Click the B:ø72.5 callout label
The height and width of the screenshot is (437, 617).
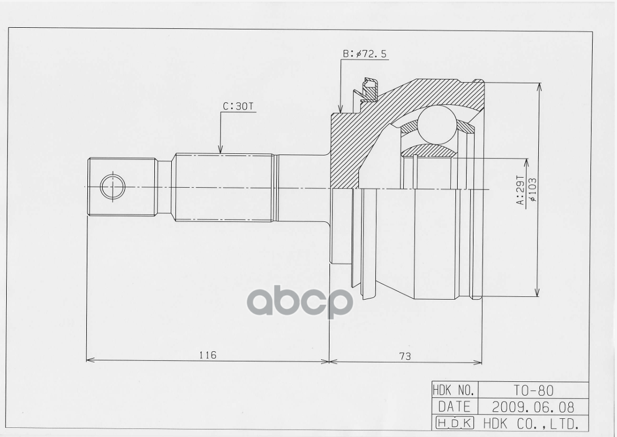pos(365,54)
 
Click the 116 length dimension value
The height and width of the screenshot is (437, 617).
pos(208,355)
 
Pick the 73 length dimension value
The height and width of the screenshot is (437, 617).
pos(405,356)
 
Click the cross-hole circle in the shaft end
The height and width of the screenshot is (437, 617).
pos(112,187)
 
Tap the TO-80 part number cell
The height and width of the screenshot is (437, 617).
pos(533,390)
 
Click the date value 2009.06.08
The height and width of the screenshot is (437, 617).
pos(533,407)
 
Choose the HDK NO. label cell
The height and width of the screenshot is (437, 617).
pos(454,390)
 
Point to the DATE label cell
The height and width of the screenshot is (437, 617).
pos(454,407)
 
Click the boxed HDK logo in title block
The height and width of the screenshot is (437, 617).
pos(454,423)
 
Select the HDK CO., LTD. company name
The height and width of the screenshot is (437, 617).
pos(530,423)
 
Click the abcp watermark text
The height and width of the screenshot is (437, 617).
pos(300,301)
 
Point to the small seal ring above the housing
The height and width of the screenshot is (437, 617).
pos(370,89)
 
